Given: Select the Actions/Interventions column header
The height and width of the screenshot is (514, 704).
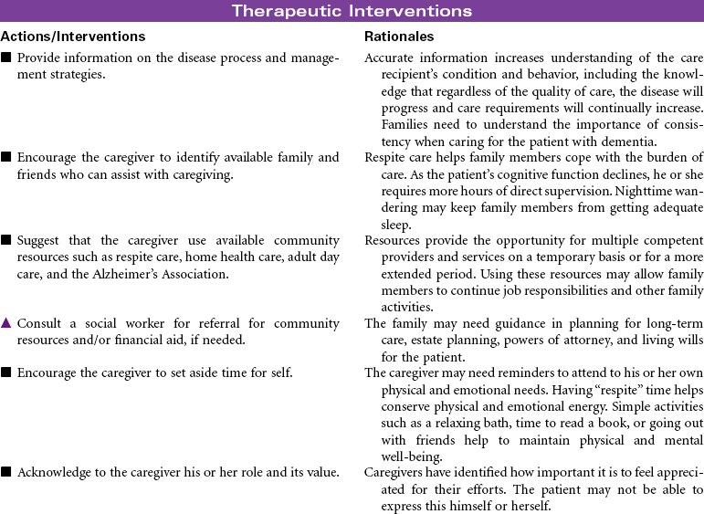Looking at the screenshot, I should tap(73, 37).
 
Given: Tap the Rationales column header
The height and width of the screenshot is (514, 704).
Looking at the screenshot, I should tap(399, 37).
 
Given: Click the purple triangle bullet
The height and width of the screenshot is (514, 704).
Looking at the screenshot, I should tap(6, 323).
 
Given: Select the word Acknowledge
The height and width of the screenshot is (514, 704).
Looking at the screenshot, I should tap(56, 472).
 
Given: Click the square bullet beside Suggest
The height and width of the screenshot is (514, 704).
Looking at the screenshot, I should tap(6, 241).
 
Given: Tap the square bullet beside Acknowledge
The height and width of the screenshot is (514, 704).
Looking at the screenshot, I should tap(6, 472).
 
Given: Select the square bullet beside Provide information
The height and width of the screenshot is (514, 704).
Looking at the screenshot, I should tap(6, 58).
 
